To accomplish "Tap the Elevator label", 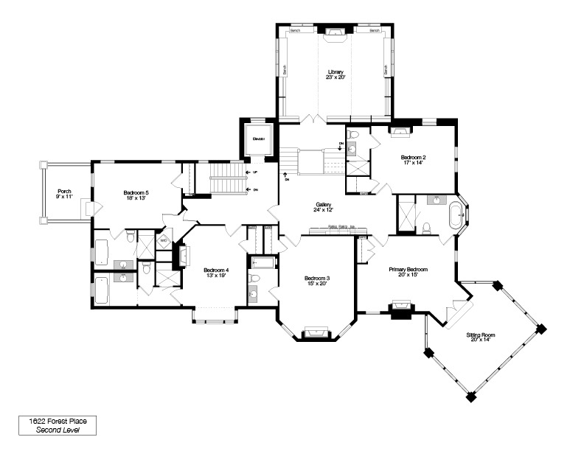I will (258, 139).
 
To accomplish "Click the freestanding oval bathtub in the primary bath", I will (456, 214).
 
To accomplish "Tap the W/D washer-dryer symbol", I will (164, 240).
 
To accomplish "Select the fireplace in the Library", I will (336, 32).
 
